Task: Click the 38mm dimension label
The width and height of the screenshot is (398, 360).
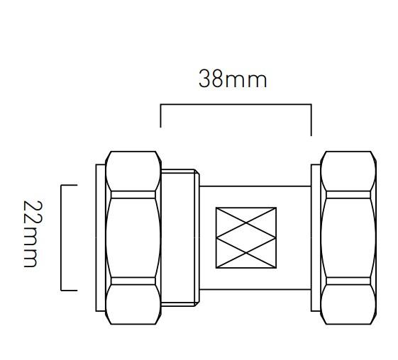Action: coord(232,79)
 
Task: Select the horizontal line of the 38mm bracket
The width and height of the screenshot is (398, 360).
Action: coord(236,105)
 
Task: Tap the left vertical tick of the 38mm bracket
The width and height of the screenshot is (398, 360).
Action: coord(161,116)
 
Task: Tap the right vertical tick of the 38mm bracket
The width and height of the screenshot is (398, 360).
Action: coord(311,119)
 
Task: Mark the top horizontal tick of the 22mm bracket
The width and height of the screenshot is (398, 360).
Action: coord(69,185)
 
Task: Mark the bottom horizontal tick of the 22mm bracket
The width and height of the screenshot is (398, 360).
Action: coord(69,291)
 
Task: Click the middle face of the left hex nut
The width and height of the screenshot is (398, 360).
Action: coord(133,237)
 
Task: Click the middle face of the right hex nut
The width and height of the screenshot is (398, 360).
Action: coord(348,237)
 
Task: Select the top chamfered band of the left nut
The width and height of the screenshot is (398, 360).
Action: coord(133,172)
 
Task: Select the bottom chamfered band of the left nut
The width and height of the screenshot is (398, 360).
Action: coord(133,304)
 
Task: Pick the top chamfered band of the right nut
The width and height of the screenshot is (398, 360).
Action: coord(348,172)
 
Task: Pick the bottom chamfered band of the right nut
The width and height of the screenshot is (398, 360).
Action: coord(348,304)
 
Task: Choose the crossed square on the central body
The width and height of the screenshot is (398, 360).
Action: coord(245,238)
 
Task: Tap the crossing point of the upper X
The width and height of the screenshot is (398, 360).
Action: coord(245,223)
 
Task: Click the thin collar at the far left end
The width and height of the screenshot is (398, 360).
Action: coord(100,237)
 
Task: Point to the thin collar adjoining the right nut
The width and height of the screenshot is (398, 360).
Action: coord(316,237)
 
